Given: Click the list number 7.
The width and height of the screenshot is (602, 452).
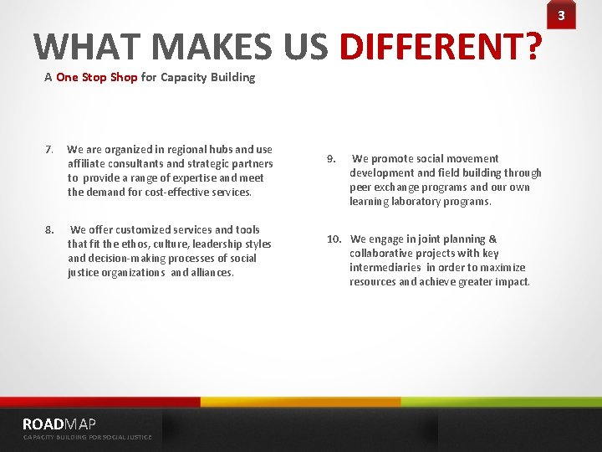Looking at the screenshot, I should [x=49, y=150].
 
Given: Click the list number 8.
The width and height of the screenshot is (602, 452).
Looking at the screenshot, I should [x=49, y=229].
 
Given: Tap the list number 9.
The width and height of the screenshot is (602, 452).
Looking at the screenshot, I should [x=331, y=158].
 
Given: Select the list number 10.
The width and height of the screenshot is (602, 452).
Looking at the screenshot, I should [x=334, y=239].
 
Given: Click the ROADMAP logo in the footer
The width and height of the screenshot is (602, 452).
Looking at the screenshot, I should [x=59, y=424].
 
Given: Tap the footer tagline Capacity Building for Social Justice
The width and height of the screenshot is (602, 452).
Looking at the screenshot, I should [x=87, y=438].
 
